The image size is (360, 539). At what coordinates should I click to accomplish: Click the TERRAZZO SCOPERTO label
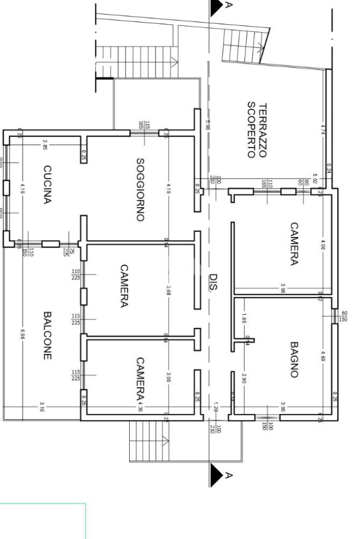[257, 130]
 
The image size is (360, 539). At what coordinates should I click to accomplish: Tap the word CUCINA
[47, 184]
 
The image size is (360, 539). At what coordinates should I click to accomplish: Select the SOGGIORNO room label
[140, 189]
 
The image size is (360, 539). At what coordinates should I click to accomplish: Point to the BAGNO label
[294, 360]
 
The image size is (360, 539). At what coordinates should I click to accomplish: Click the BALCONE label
[47, 335]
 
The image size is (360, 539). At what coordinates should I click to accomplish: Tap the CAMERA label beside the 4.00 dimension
[294, 243]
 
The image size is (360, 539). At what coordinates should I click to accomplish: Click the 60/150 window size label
[344, 316]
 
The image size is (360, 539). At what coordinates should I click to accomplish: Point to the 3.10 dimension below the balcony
[42, 407]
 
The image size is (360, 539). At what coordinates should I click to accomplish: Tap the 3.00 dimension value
[169, 378]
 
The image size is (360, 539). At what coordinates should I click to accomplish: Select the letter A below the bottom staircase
[228, 475]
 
